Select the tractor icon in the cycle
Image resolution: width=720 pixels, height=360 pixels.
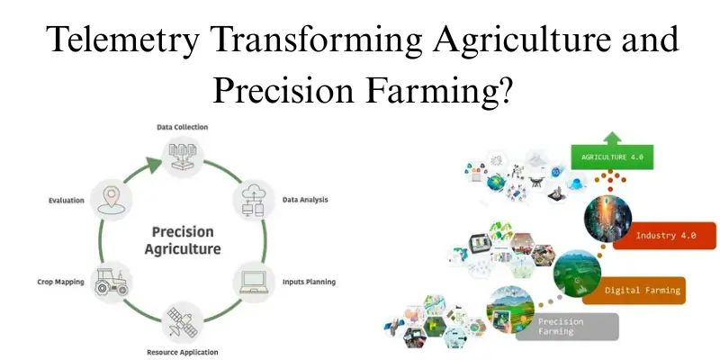[113, 280]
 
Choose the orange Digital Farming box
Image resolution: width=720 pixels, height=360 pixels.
[642, 290]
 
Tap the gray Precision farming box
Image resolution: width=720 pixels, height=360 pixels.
[567, 326]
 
